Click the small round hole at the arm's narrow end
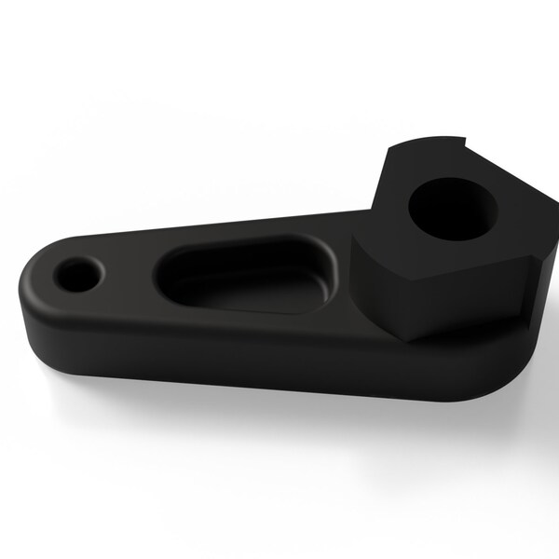tap(76, 275)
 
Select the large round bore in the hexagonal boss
tap(453, 208)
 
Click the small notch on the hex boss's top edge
tap(462, 142)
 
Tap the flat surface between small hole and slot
tap(126, 275)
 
